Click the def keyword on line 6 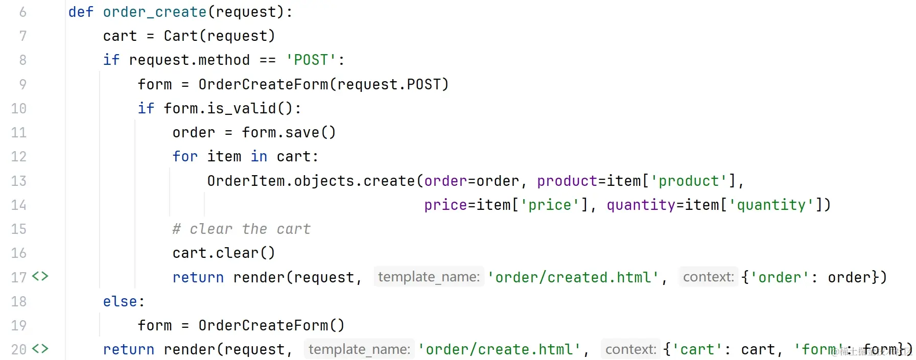tap(81, 12)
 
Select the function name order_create tap(155, 12)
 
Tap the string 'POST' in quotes tap(311, 60)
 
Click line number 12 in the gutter tap(19, 157)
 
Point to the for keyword tap(185, 157)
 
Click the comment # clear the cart tap(242, 229)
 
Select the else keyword tap(120, 302)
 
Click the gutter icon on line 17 tap(40, 277)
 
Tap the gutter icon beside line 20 tap(40, 349)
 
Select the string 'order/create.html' tap(500, 350)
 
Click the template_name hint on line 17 tap(429, 277)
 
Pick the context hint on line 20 tap(630, 350)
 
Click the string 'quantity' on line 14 tap(771, 205)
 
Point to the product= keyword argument tap(567, 181)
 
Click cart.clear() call tap(224, 253)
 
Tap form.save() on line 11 tap(289, 133)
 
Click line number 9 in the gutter tap(22, 84)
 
